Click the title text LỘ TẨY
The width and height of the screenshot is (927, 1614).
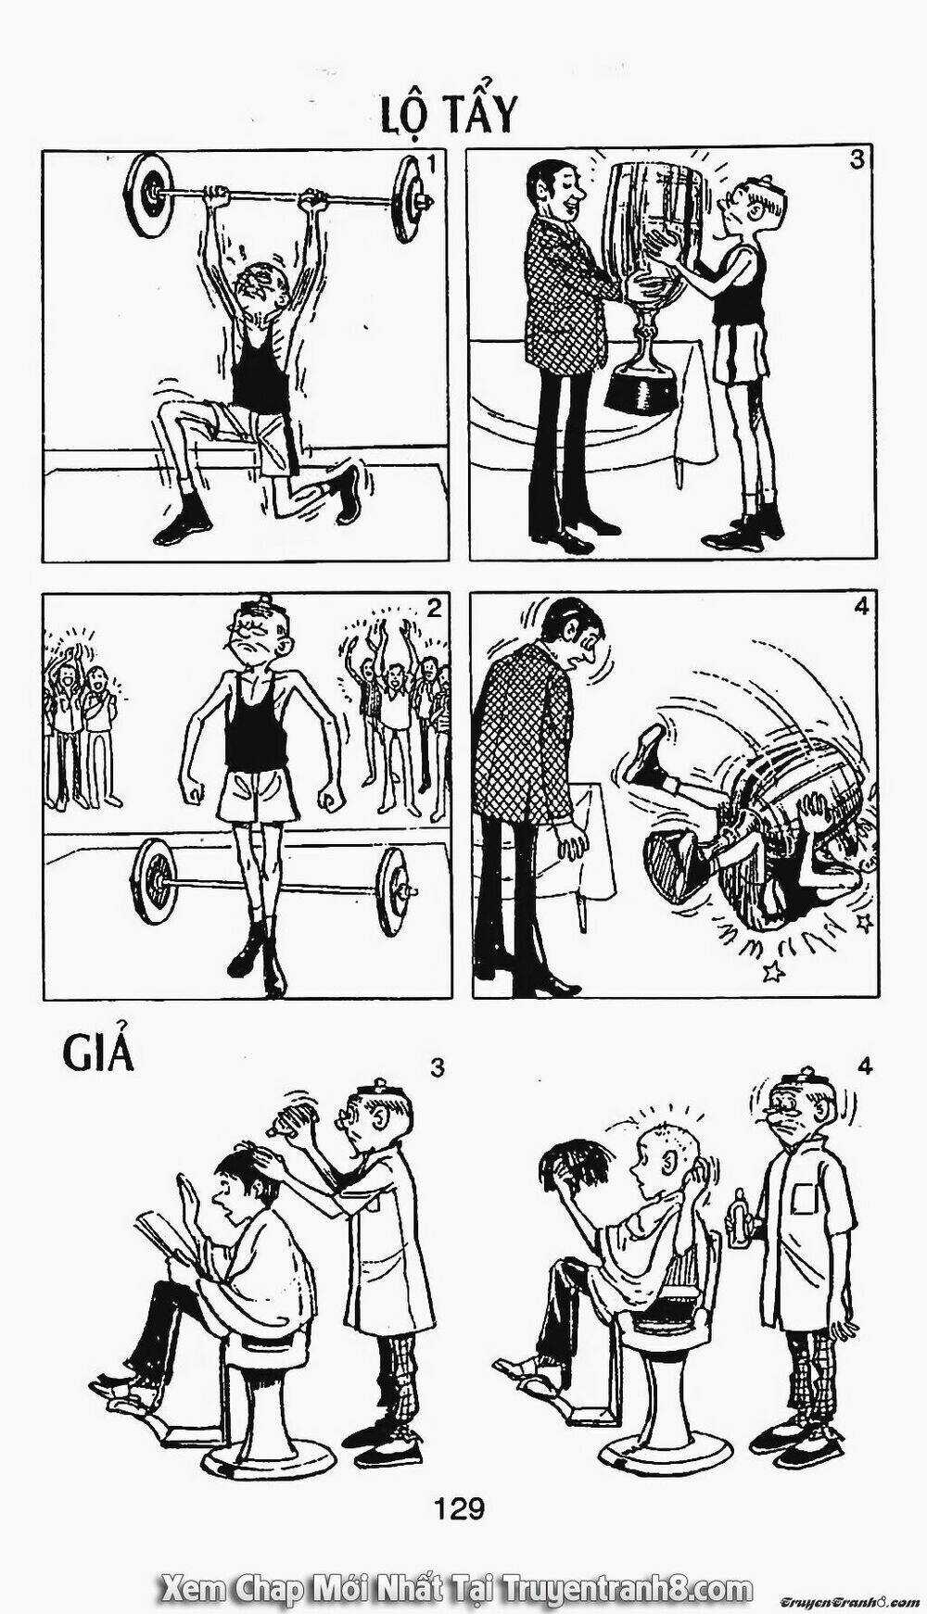click(448, 114)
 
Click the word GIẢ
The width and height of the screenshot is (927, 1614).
click(99, 1053)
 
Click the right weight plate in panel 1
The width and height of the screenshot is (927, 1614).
click(408, 199)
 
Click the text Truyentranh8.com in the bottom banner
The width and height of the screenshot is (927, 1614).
click(626, 1589)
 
